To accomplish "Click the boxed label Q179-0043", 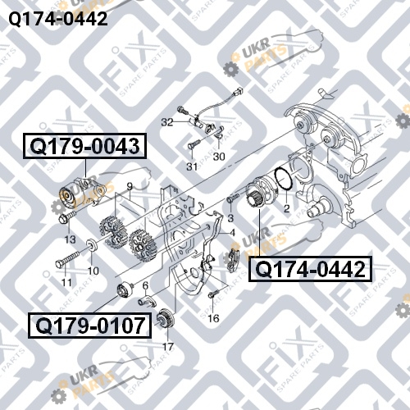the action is coord(85,146).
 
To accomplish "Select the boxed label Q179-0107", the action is coord(90,326).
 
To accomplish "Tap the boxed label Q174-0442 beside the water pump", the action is coord(311,269).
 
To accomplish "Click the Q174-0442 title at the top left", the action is coord(58,19).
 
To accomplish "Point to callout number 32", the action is coord(167,122).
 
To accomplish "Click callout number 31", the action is coord(192,166).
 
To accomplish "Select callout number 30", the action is coord(219,157).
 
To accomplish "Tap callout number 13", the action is coord(70,239).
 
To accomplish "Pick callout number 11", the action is coord(66,282).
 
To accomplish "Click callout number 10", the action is coord(93,271).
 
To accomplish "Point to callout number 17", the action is coord(168,347).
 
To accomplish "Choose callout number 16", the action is coord(213,318).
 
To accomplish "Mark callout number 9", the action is coord(130,187).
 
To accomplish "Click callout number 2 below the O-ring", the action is coord(286,208).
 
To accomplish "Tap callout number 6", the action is coord(145,286).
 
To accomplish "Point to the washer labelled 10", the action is coord(93,245).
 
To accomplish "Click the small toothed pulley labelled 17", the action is coord(166,318).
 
